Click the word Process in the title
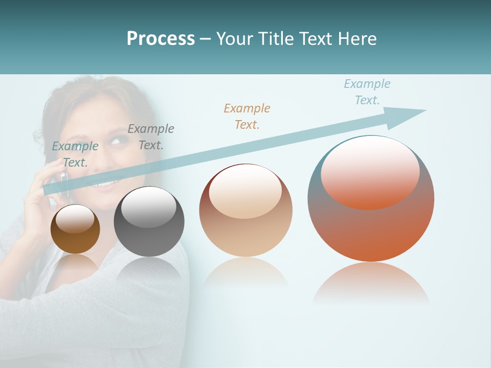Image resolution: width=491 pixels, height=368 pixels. [x=161, y=39]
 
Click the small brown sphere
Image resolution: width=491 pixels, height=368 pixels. [x=75, y=229]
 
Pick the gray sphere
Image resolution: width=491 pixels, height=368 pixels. [x=149, y=222]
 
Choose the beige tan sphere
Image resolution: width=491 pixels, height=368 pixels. [x=245, y=211]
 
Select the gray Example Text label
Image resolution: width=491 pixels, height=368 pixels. [x=151, y=137]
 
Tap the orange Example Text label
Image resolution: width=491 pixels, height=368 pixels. [x=247, y=117]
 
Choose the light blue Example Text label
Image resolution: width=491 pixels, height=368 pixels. [x=367, y=92]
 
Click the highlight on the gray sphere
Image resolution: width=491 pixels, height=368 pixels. [x=149, y=207]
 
